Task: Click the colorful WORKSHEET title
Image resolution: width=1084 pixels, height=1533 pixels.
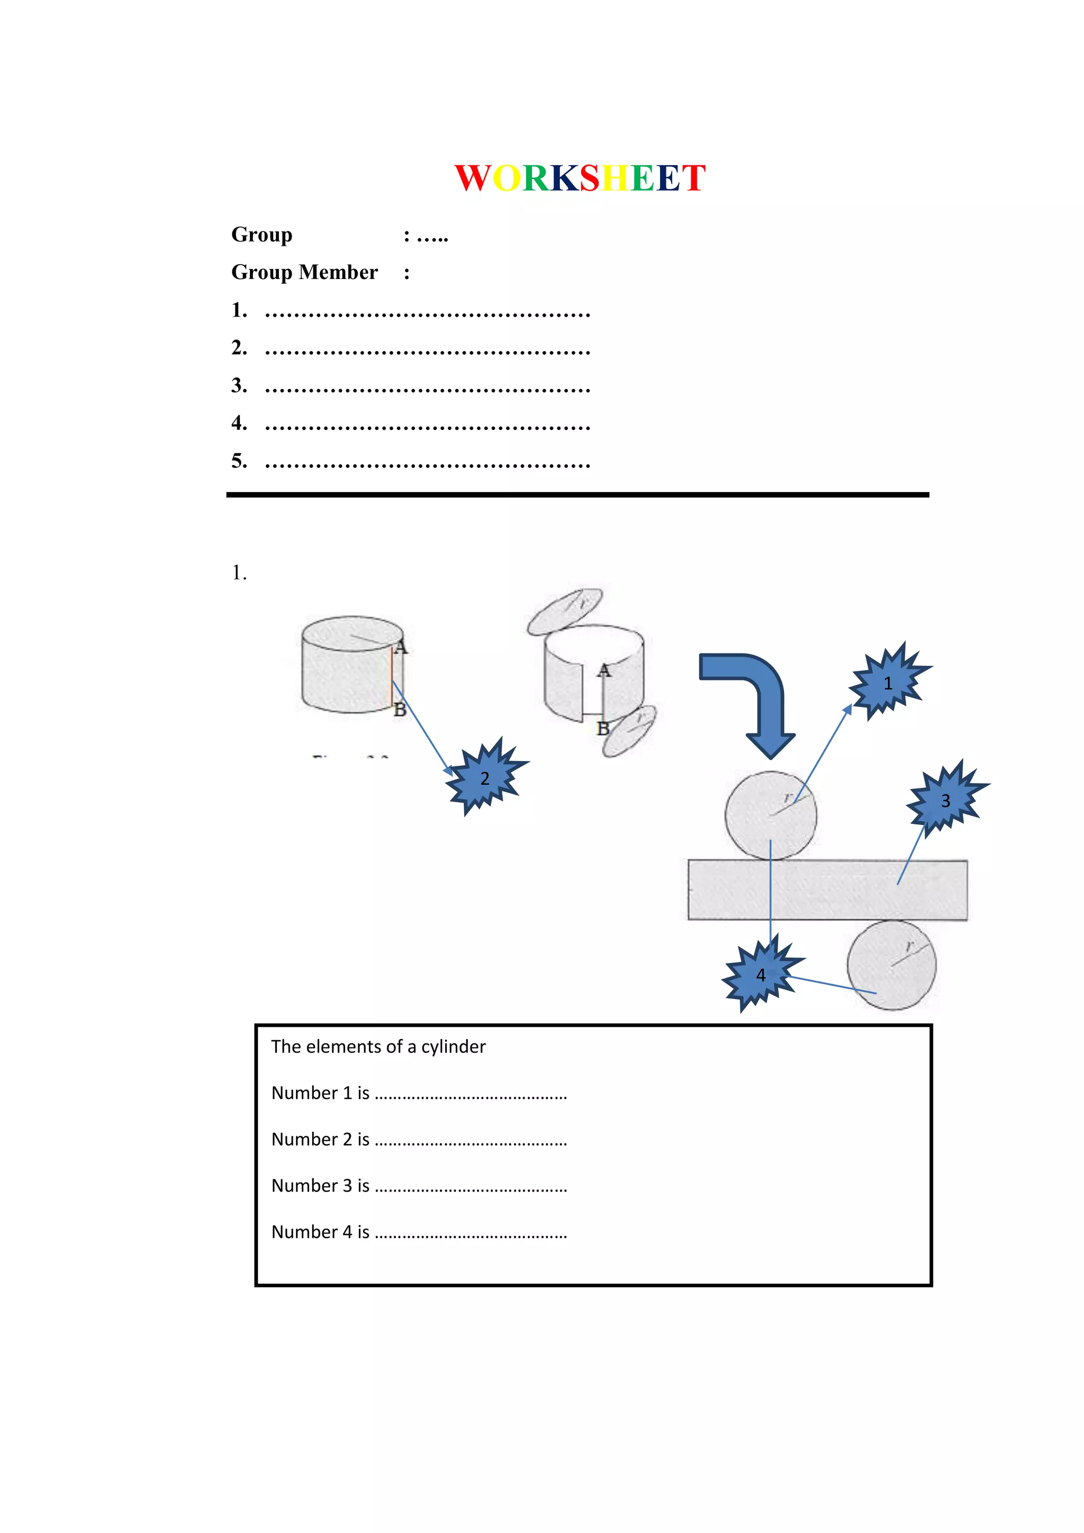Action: [x=580, y=178]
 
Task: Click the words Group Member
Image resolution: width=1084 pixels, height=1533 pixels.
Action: [x=304, y=272]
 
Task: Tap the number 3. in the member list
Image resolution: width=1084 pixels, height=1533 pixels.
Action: [x=239, y=386]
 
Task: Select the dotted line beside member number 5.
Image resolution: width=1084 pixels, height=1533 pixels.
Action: [x=427, y=462]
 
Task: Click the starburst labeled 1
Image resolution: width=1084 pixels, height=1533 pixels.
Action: [x=887, y=683]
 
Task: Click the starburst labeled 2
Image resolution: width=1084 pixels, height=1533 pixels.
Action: [x=485, y=778]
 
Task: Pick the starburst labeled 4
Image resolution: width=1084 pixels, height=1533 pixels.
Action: [x=760, y=975]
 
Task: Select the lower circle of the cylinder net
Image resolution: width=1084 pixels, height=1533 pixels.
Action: [x=892, y=965]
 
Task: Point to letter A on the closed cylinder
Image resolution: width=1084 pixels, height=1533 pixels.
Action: [x=401, y=647]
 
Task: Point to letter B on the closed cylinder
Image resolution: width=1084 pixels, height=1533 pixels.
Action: [x=400, y=709]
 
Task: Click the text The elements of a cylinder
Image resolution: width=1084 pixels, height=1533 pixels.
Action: [x=378, y=1047]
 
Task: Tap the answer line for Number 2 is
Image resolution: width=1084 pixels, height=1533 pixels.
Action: [x=471, y=1141]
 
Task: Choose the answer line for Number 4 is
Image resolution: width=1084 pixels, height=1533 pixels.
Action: [x=471, y=1234]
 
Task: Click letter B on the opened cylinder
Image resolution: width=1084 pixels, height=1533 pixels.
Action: [x=603, y=729]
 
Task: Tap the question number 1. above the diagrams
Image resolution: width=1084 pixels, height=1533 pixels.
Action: [x=239, y=573]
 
